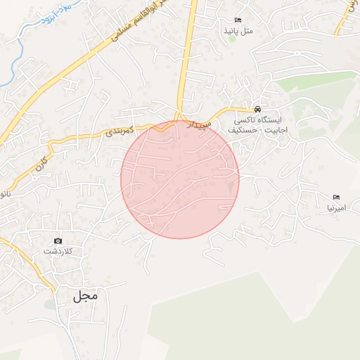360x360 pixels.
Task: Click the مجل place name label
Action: click(x=84, y=296)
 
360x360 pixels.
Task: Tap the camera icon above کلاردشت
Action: click(x=58, y=241)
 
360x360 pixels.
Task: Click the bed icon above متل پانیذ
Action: click(x=237, y=20)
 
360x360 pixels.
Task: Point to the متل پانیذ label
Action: click(x=237, y=31)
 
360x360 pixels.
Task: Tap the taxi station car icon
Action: click(x=258, y=110)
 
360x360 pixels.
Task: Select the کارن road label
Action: click(x=39, y=163)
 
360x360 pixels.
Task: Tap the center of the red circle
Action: click(x=180, y=179)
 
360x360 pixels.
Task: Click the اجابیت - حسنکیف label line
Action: click(x=257, y=131)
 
